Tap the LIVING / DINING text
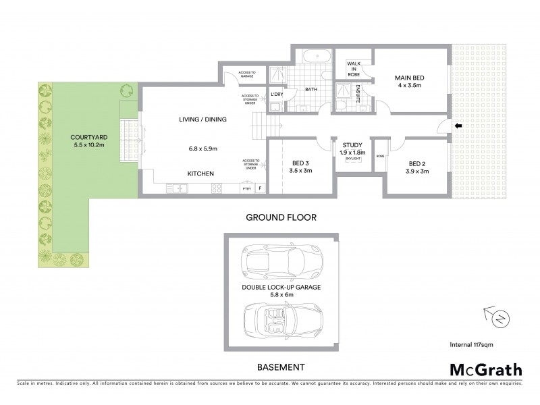click(202, 119)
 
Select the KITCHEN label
click(200, 174)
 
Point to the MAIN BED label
click(409, 78)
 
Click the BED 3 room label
click(301, 163)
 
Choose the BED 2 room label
click(418, 163)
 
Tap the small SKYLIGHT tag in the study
click(353, 160)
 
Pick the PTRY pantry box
click(246, 189)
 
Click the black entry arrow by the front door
click(458, 126)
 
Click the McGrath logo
click(485, 369)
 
